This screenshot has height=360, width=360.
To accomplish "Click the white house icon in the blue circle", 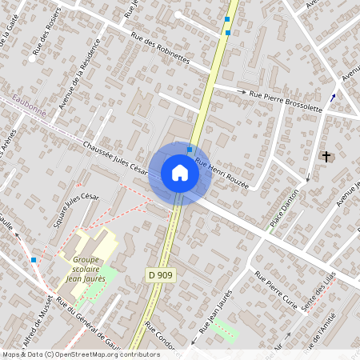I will point(179,173).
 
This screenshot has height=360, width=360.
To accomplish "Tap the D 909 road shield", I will point(161,275).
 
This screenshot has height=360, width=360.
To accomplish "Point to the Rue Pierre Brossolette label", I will point(286,100).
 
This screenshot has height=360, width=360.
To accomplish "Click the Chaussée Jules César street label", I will point(115,159).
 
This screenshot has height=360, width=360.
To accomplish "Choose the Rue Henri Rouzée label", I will point(222,174).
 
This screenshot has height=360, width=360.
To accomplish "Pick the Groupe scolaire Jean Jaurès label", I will point(89,270).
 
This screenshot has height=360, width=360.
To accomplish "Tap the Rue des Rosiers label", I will point(47,36).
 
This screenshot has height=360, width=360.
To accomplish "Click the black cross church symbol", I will point(326,156).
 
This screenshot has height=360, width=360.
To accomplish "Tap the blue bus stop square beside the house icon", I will point(190,150).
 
